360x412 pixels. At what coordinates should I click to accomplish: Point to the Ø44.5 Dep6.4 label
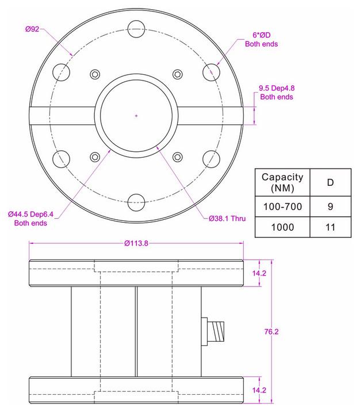(30, 218)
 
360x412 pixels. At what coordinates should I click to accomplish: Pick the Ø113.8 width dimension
(136, 243)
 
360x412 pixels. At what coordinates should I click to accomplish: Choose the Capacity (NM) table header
(282, 182)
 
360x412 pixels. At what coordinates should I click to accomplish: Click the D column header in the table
(330, 182)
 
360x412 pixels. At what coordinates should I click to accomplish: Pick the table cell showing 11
(330, 227)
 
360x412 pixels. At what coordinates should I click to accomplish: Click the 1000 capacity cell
(282, 227)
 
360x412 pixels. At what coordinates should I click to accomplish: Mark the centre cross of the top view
(136, 116)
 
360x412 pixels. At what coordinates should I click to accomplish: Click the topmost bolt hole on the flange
(136, 27)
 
